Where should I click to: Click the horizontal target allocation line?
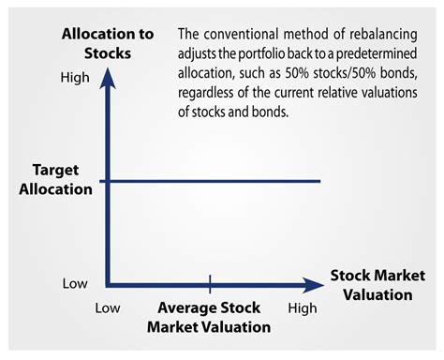pos(215,181)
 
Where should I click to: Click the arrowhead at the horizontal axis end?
pos(312,282)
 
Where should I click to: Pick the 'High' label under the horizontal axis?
pos(302,307)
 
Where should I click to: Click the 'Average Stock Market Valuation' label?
pos(209,317)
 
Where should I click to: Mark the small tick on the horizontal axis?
pos(210,281)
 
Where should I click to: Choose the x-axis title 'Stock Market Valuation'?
pos(371,285)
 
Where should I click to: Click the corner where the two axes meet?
pos(109,282)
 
